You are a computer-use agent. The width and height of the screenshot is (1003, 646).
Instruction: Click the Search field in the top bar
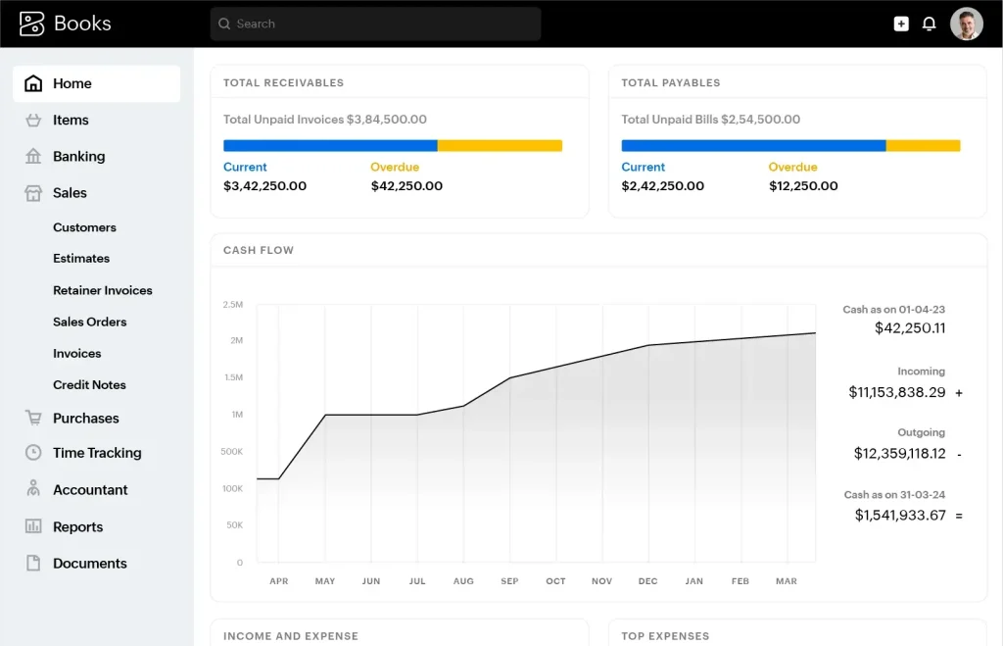375,24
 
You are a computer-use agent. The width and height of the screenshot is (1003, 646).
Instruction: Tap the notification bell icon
929,24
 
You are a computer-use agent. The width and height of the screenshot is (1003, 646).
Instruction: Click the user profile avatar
966,24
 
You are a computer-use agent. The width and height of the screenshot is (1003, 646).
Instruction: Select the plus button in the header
901,24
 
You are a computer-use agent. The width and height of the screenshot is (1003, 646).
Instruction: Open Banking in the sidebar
78,157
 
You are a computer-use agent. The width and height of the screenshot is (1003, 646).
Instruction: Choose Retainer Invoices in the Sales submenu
102,290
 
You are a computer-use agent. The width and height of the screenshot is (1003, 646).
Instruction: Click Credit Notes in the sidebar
89,385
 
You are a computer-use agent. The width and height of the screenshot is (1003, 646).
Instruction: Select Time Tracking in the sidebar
97,453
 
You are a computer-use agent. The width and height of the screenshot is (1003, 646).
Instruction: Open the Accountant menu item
90,490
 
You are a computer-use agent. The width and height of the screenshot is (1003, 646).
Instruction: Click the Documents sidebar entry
89,564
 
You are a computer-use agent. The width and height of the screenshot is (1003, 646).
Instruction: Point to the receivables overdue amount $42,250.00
406,186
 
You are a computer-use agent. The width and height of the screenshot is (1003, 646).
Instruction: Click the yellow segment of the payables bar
923,146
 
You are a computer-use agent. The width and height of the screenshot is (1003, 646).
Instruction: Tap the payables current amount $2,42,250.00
662,186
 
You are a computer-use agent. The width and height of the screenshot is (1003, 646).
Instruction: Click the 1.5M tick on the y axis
233,377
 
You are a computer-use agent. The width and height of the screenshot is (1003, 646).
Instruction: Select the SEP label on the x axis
509,581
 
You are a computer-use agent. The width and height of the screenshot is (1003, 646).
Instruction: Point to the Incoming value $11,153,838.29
896,392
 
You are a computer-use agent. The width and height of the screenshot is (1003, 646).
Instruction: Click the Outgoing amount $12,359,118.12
899,454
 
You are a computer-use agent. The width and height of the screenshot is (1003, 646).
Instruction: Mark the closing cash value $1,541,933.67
899,515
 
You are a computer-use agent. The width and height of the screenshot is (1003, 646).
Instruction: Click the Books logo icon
32,24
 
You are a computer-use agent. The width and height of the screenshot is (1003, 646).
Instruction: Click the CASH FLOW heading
259,250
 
